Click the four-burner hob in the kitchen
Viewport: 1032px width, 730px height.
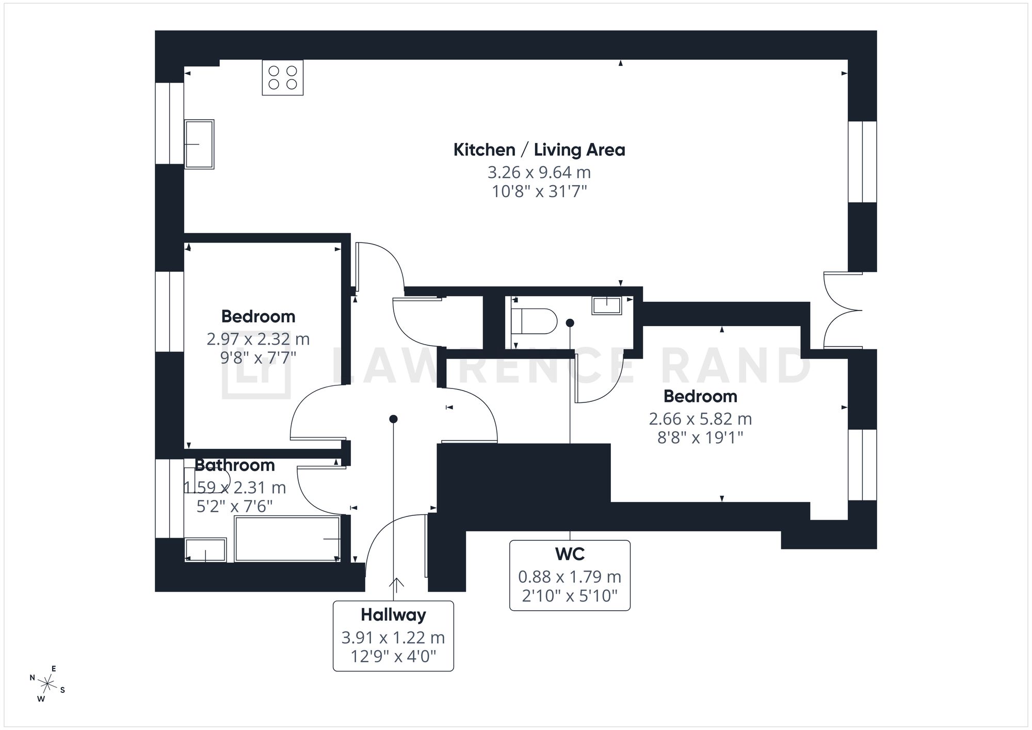(x=283, y=77)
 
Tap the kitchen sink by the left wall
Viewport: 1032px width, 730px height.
(x=199, y=144)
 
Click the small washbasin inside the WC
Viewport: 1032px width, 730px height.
(x=607, y=305)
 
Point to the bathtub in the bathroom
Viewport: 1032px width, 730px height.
(x=287, y=539)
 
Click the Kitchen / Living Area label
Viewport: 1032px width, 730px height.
(x=539, y=150)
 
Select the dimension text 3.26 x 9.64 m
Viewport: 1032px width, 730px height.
(x=539, y=172)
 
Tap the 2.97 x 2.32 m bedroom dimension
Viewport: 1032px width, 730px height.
(x=258, y=339)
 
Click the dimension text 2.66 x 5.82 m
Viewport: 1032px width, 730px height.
(x=700, y=418)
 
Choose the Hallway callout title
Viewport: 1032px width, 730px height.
(x=393, y=615)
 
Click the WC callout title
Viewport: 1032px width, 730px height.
(x=570, y=554)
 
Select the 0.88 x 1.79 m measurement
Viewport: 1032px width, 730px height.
(x=570, y=576)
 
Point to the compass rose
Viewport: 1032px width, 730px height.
(x=47, y=685)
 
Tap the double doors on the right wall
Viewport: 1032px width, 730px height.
(x=842, y=310)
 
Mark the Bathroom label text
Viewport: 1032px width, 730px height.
(x=234, y=465)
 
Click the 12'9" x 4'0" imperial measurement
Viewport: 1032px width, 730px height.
(x=393, y=657)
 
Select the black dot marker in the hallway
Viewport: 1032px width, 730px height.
(x=393, y=419)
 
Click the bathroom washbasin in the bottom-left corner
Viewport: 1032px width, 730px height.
(x=205, y=550)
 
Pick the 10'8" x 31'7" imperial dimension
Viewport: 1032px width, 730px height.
(x=539, y=192)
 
